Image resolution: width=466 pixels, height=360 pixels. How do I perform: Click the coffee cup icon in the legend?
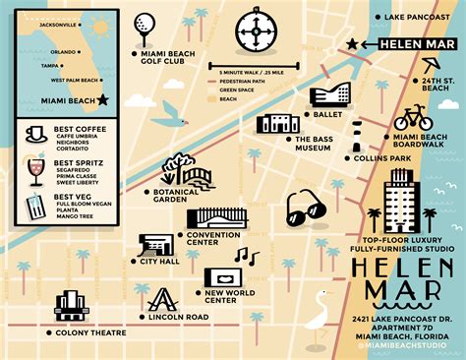pyautogui.click(x=36, y=133)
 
